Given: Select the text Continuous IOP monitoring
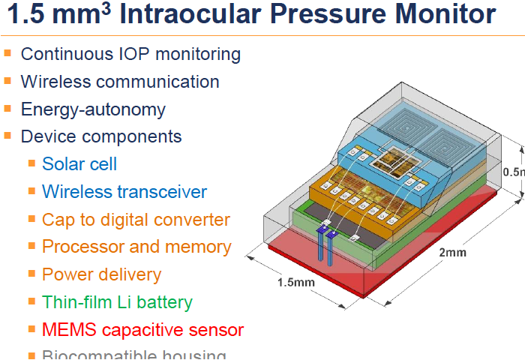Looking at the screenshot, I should click(130, 54).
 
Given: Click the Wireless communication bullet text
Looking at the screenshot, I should click(120, 82).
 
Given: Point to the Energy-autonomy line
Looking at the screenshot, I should click(93, 109).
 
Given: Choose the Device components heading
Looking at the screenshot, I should click(101, 136).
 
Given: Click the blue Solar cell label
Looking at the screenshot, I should click(79, 163).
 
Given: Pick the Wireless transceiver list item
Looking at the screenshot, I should click(124, 191).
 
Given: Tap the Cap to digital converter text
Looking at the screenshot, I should click(136, 220).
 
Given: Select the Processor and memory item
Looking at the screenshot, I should click(136, 247).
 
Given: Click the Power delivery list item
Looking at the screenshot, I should click(101, 274).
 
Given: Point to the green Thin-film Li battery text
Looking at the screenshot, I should click(117, 302).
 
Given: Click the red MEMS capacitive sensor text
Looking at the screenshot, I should click(142, 329).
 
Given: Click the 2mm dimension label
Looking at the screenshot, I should click(451, 252).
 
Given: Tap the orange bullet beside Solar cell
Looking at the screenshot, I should click(31, 163).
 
